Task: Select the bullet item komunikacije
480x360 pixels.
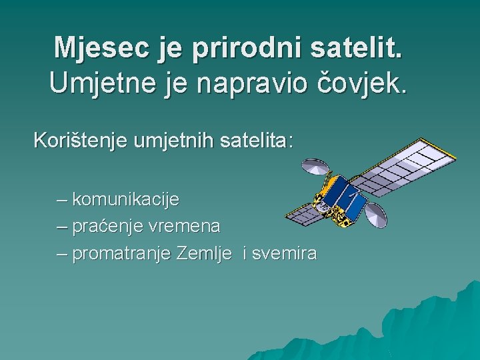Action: (x=125, y=199)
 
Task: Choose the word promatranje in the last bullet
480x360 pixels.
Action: (x=123, y=254)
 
